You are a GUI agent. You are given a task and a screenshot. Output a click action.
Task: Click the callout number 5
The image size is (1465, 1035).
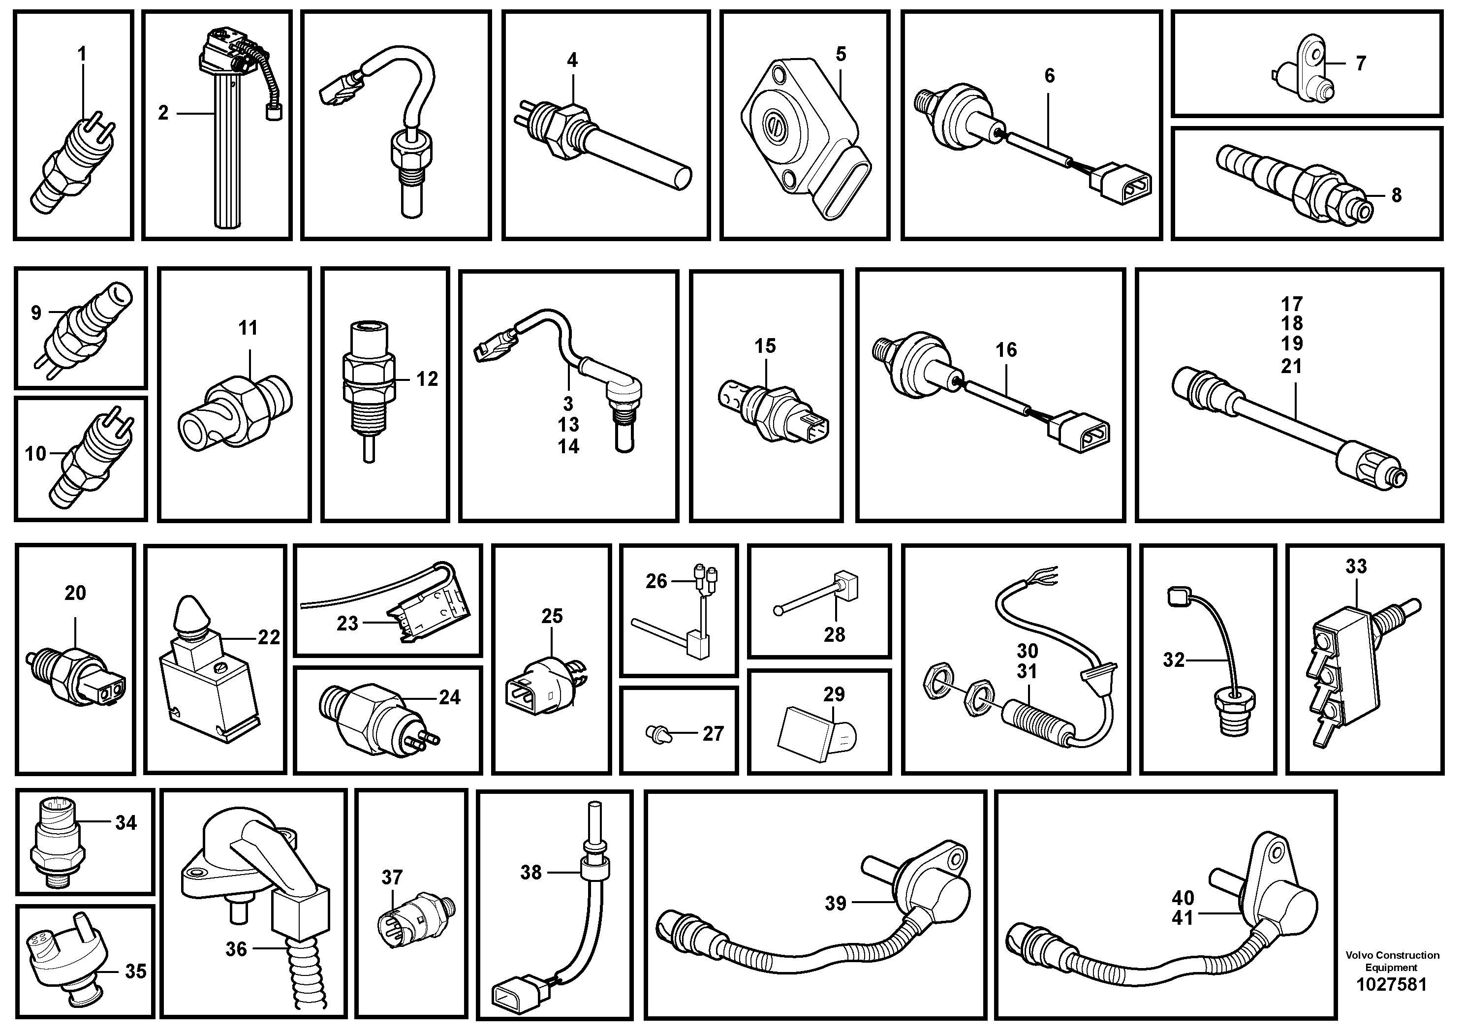pyautogui.click(x=841, y=54)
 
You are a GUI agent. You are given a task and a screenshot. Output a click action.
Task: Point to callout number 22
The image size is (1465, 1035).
pyautogui.click(x=269, y=637)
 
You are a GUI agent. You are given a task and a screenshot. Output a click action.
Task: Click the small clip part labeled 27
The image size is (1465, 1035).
pyautogui.click(x=658, y=734)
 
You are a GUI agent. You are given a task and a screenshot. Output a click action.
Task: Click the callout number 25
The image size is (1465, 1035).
pyautogui.click(x=552, y=616)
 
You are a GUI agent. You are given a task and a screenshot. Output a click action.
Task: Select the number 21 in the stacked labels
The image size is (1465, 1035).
pyautogui.click(x=1292, y=366)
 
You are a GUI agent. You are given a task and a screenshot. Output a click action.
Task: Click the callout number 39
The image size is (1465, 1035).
pyautogui.click(x=835, y=903)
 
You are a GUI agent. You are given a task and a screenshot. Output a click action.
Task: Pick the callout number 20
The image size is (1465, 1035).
pyautogui.click(x=75, y=593)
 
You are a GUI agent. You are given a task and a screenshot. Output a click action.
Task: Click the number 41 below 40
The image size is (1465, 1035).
pyautogui.click(x=1183, y=918)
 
